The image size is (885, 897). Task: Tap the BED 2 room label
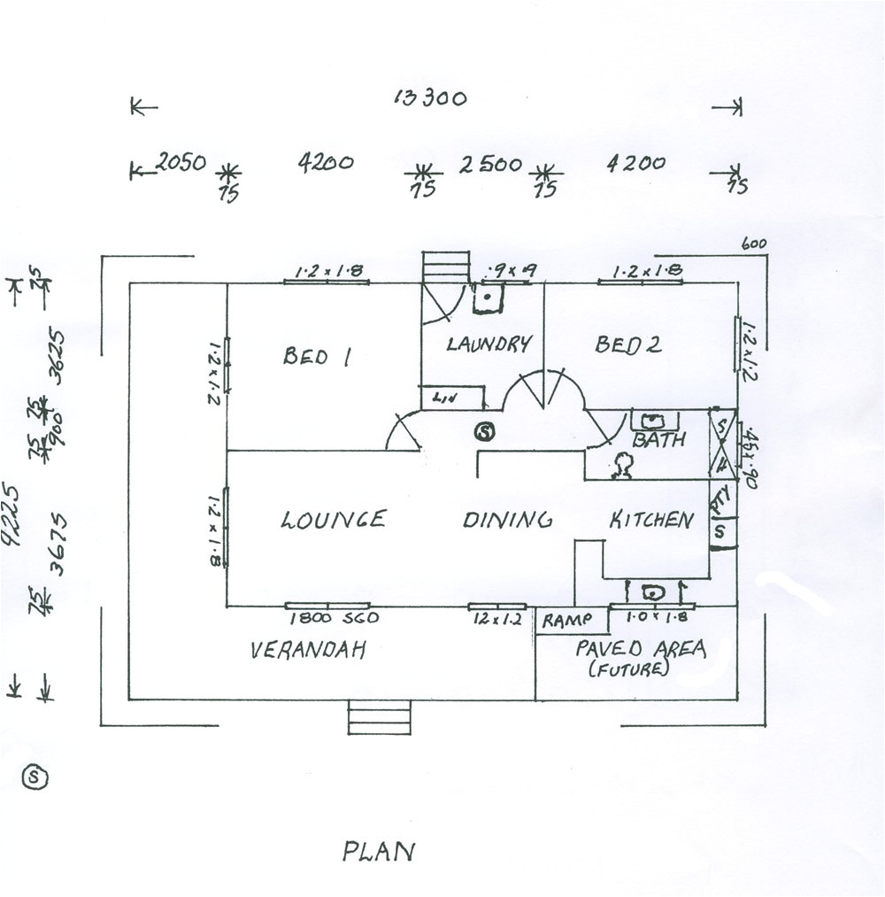tap(627, 344)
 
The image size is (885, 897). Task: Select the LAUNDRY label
tap(489, 344)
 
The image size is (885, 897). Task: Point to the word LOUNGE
tap(334, 519)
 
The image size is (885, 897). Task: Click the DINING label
tap(508, 520)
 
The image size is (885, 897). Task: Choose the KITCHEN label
tap(651, 520)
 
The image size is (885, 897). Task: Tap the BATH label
tap(658, 439)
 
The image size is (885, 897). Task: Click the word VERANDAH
tap(308, 651)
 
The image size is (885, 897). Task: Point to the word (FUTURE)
tap(628, 669)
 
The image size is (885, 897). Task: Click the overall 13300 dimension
tap(430, 97)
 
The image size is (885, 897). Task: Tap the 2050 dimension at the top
tap(181, 162)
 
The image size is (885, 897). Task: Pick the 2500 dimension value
tap(489, 164)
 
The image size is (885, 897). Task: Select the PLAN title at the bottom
tap(378, 852)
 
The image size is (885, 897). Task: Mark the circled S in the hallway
tap(484, 431)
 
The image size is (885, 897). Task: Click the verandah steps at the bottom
tap(380, 717)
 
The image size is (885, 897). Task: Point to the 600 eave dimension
tap(753, 244)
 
